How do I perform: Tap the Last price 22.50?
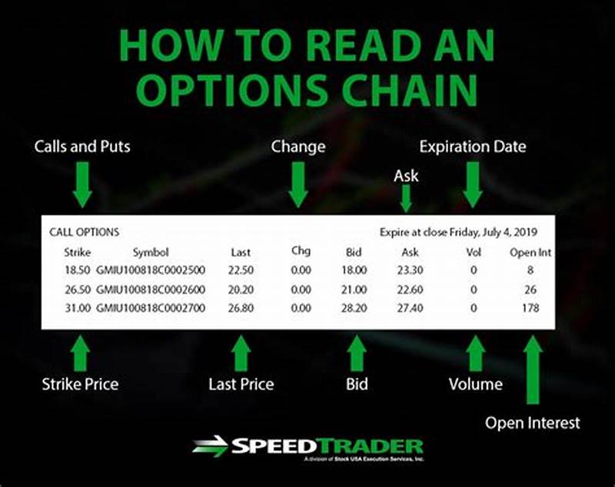pos(241,270)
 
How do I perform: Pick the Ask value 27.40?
pos(410,307)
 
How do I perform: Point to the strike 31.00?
pos(78,307)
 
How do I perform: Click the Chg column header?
pos(301,251)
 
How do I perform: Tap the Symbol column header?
pos(150,252)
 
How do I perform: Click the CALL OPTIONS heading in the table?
pos(84,231)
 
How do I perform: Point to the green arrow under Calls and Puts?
pos(81,184)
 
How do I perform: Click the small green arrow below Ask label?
pos(406,200)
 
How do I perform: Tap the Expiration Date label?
pos(472,146)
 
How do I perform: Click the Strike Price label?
pos(81,383)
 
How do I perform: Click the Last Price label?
pos(241,383)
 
